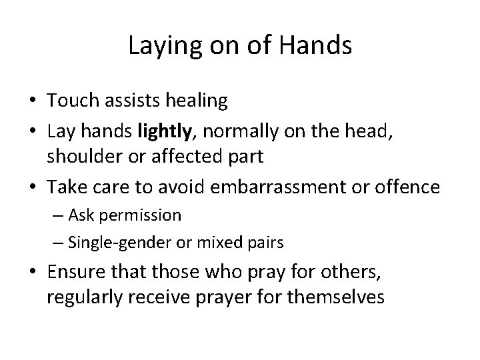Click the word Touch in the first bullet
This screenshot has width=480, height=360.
[70, 101]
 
